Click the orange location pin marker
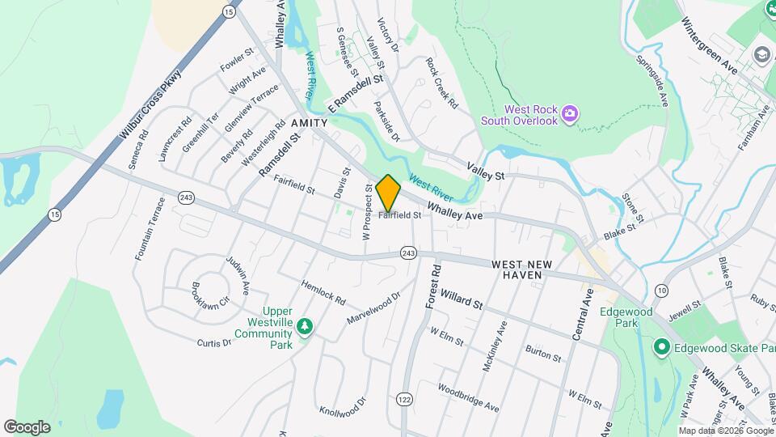coord(388,193)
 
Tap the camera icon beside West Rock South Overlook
coord(570,113)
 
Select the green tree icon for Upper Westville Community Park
coord(305,326)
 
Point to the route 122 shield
coord(404,398)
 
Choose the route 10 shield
coord(662,291)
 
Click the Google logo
coord(27,426)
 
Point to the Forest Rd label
coord(432,285)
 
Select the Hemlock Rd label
coord(323,291)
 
